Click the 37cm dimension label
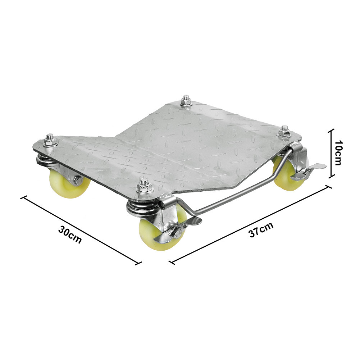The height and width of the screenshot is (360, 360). pyautogui.click(x=261, y=229)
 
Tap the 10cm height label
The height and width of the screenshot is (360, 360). pyautogui.click(x=338, y=153)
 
